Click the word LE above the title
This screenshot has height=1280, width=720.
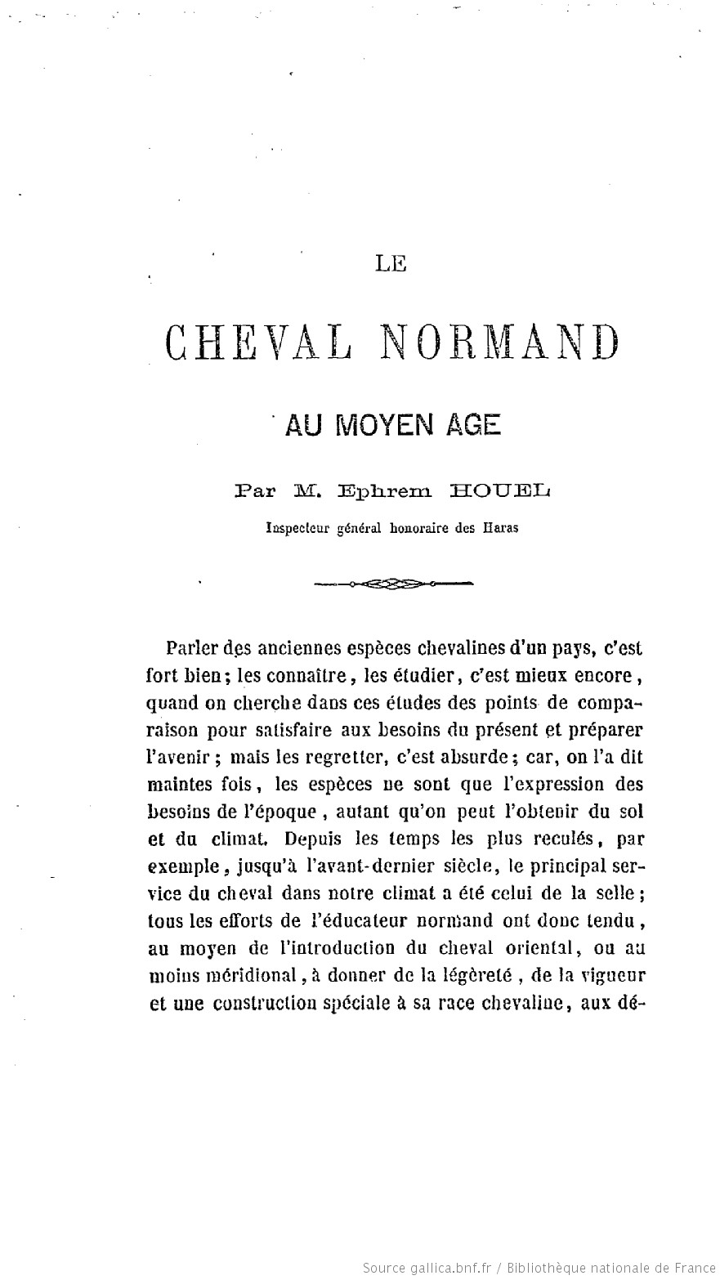391,263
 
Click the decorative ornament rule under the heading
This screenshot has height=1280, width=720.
394,584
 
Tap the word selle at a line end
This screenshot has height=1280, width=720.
618,893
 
